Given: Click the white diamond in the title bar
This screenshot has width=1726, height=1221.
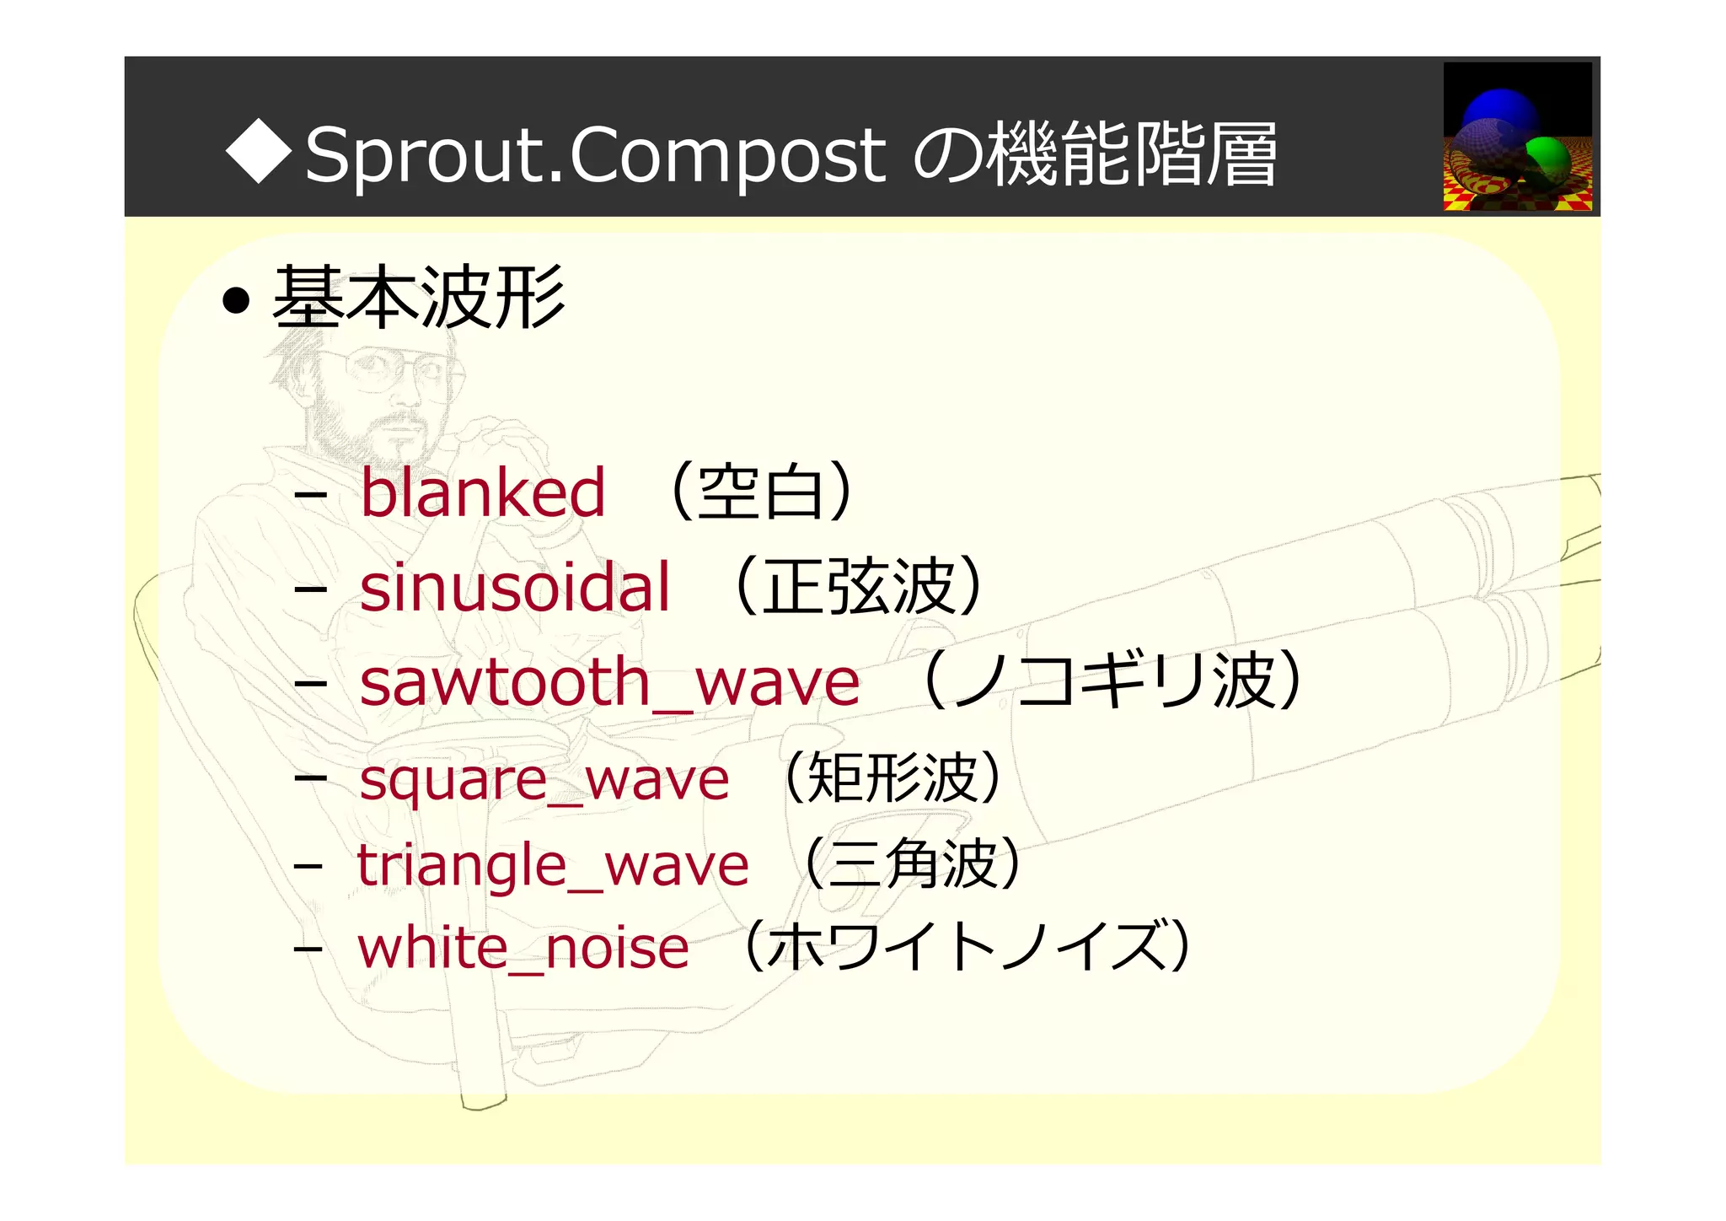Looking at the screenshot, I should coord(259,153).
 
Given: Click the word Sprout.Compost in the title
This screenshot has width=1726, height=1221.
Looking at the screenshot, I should coord(595,155).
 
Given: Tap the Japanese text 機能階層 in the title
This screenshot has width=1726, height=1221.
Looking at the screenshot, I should coord(1133,153).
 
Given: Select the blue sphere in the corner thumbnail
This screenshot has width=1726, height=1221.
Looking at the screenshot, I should coord(1500,113).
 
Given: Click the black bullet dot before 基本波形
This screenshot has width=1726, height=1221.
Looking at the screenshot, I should coord(237,300).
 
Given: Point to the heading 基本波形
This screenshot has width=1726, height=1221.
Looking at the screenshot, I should coord(419,297).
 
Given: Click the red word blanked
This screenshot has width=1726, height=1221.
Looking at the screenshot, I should coord(482,492).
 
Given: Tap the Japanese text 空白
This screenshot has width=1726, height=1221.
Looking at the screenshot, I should coord(760,492).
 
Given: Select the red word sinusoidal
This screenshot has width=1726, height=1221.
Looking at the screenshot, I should coord(514,587).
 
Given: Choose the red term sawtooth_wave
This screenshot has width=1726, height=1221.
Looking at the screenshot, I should coord(609,682).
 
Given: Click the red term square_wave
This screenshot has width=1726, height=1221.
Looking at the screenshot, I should coord(544,780).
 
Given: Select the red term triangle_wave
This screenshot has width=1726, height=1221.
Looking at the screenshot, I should coord(552,865).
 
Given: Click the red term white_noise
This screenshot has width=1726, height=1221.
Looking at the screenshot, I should coord(523,948).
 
